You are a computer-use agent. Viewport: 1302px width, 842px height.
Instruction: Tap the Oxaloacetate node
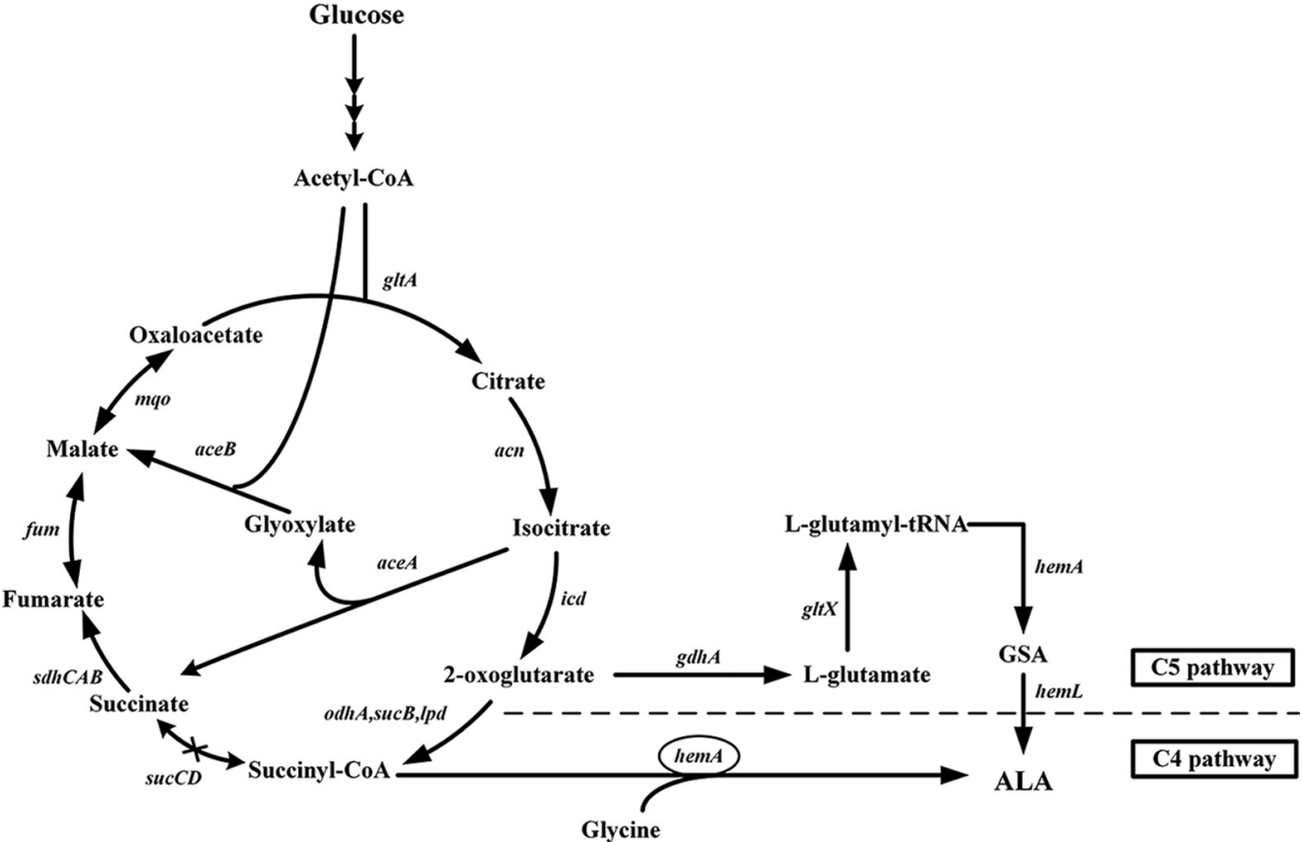(x=196, y=335)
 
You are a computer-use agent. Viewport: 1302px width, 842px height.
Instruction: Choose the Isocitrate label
(x=561, y=529)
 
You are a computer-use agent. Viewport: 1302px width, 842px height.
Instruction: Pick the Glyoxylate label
(x=299, y=526)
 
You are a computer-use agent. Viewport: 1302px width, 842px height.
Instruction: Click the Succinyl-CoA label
(x=318, y=771)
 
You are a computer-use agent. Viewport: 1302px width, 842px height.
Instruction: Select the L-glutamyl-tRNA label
(x=875, y=526)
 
